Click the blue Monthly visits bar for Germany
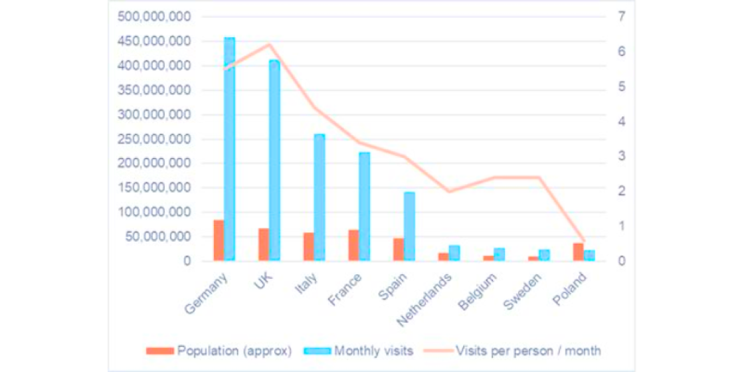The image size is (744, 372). click(229, 149)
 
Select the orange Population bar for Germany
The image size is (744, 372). click(219, 240)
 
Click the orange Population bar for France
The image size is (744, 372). click(353, 245)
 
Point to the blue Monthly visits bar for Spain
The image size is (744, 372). click(409, 227)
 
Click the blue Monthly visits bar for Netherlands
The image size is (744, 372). click(454, 253)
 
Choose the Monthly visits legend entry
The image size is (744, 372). click(362, 351)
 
